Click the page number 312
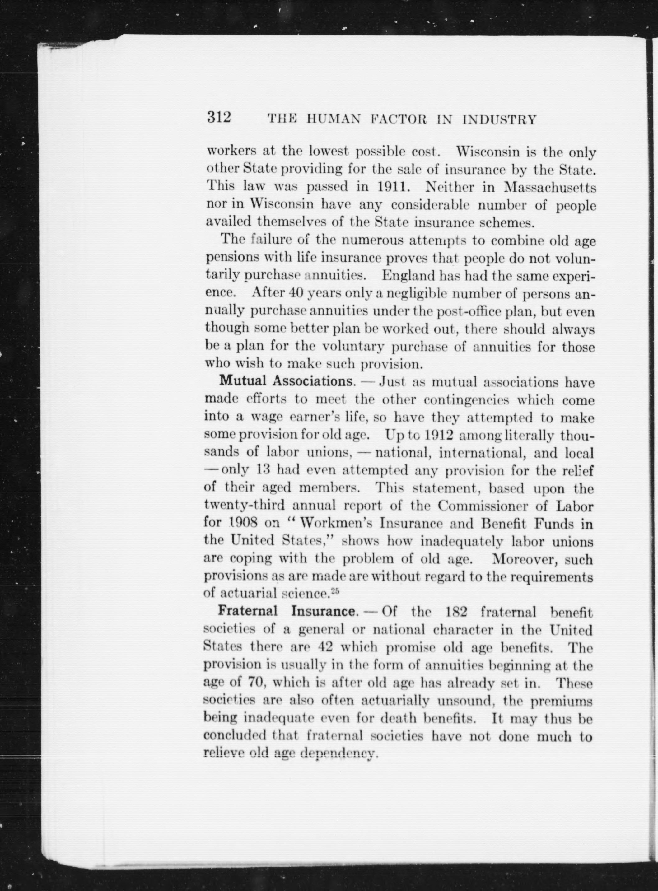coord(219,118)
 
